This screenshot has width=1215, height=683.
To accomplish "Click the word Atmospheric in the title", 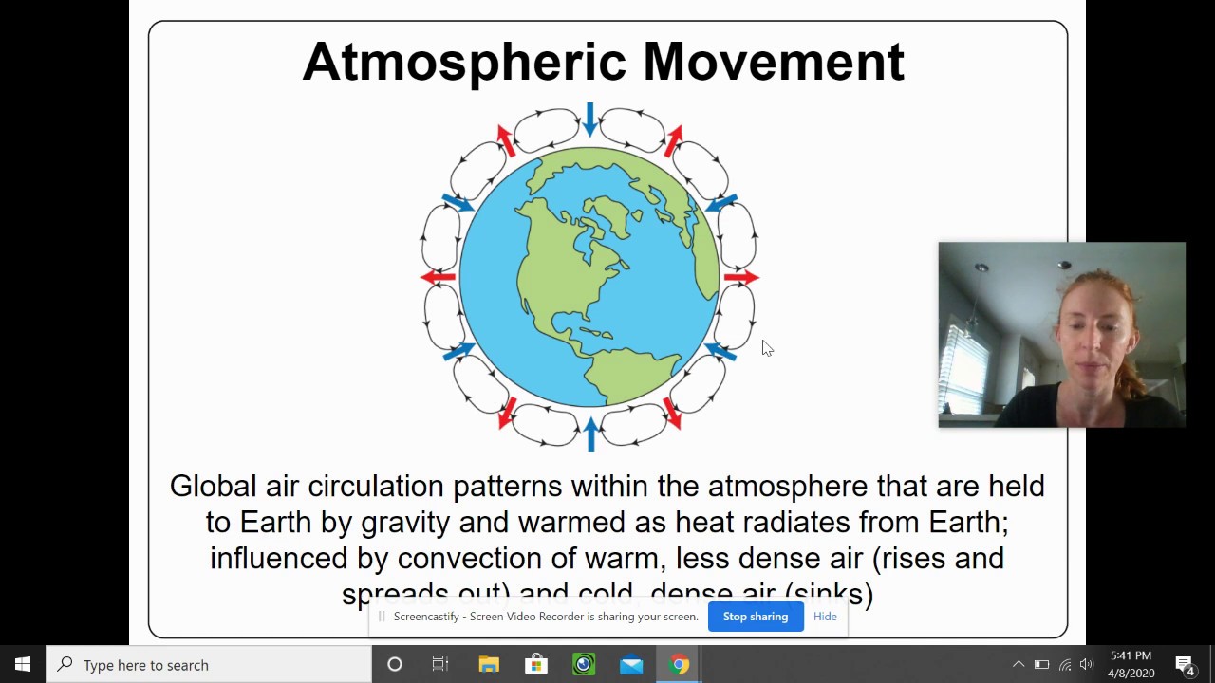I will [x=464, y=63].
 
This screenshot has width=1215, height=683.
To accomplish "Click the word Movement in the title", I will [x=773, y=63].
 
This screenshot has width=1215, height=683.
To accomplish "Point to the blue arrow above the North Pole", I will [x=590, y=120].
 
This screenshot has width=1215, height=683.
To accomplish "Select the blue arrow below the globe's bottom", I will [x=590, y=434].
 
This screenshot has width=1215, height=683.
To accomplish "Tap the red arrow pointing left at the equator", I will [x=438, y=277].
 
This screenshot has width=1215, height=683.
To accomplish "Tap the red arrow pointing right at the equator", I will [x=741, y=277].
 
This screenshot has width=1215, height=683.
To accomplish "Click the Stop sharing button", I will [x=756, y=617].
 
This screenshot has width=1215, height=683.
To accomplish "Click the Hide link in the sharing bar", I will [x=825, y=617].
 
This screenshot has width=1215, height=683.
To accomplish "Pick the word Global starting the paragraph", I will [x=214, y=487].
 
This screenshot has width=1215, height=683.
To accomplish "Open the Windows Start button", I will [x=23, y=664].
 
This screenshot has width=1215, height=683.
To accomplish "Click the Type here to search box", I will [x=209, y=665].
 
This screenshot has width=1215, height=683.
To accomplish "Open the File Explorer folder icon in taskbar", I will [x=489, y=665].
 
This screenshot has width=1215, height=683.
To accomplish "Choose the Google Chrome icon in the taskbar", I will [x=679, y=665].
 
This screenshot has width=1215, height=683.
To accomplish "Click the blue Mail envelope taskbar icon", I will [x=631, y=665].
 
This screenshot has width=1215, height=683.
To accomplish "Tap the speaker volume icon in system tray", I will [x=1087, y=665].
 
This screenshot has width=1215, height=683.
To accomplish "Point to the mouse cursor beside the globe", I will [x=767, y=348].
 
